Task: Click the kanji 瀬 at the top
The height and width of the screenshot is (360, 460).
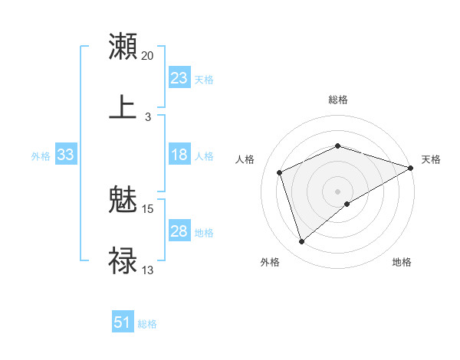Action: [123, 46]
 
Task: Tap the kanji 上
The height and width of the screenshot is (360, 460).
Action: [123, 106]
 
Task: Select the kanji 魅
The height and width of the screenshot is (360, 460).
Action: [123, 201]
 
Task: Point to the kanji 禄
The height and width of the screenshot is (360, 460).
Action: [123, 260]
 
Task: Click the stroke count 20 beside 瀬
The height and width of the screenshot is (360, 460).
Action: [148, 56]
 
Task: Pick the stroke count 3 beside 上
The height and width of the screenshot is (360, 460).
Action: [148, 116]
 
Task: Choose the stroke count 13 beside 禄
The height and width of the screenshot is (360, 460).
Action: [148, 270]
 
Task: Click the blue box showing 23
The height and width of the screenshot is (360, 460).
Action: [179, 78]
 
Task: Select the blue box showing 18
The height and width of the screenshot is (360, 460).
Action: [179, 155]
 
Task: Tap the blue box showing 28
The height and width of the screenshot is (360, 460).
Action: [179, 231]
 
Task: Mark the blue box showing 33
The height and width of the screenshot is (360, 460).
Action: [66, 155]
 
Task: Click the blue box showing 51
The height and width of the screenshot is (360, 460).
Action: [123, 322]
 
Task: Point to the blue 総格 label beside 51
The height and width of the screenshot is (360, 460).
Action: [147, 324]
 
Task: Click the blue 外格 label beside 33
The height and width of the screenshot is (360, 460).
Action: [41, 156]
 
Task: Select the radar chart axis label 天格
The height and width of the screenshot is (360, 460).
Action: [431, 159]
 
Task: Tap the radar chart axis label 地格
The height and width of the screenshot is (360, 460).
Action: [402, 263]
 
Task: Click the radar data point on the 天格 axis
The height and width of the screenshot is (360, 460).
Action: [412, 168]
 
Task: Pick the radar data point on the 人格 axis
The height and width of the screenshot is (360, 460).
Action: [280, 172]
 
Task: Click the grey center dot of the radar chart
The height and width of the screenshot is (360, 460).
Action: [338, 191]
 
